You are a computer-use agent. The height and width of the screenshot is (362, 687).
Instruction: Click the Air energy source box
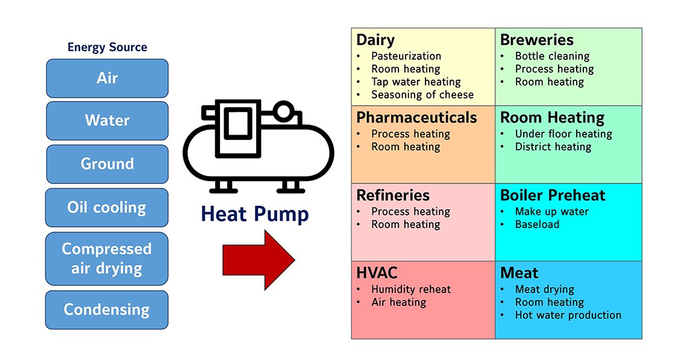click(x=107, y=78)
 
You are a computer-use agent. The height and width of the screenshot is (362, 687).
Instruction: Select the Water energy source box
click(x=107, y=120)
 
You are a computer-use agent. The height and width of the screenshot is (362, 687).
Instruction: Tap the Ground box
click(x=107, y=164)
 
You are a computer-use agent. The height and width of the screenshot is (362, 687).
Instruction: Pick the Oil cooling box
click(x=107, y=208)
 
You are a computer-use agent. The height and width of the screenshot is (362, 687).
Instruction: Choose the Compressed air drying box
click(x=107, y=258)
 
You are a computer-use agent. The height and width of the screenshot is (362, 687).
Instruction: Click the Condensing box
click(x=107, y=310)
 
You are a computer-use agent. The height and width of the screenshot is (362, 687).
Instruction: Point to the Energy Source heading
click(x=107, y=47)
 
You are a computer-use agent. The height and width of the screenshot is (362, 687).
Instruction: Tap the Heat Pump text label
click(x=255, y=214)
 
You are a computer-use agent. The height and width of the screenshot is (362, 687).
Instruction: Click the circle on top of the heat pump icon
click(x=283, y=112)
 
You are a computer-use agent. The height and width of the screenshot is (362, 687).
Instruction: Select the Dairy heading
click(x=375, y=40)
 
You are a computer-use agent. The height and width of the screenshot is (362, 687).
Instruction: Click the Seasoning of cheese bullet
click(x=422, y=95)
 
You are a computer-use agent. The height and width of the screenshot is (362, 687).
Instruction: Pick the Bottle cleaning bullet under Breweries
click(x=551, y=56)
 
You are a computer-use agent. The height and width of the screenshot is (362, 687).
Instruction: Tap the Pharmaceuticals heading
click(x=416, y=117)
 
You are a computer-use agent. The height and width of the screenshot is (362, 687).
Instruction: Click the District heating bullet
click(x=553, y=147)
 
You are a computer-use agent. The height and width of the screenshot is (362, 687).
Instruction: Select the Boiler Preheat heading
click(x=553, y=195)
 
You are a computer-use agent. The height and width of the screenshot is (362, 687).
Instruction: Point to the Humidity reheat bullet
click(x=410, y=289)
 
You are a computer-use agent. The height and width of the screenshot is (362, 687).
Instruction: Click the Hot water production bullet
click(x=568, y=315)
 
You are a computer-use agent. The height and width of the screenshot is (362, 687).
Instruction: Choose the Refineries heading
click(x=393, y=195)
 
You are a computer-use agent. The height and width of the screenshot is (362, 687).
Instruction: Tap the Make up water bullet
click(x=551, y=211)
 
